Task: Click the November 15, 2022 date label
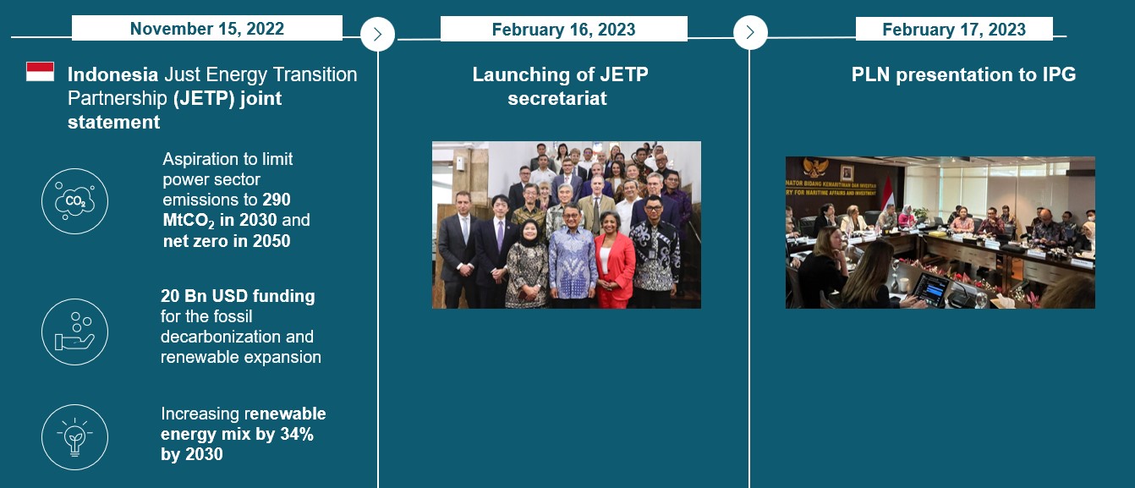(206, 29)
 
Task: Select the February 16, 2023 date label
(563, 29)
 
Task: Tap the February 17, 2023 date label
(954, 29)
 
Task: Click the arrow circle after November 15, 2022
(377, 34)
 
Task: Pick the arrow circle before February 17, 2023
(750, 32)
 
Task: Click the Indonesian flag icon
(40, 72)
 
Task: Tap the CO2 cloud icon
(74, 201)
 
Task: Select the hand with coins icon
(74, 332)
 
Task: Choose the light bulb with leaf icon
(74, 436)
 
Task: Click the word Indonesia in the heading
(113, 74)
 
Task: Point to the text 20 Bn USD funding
(238, 295)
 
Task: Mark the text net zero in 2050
(227, 241)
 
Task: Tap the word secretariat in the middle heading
(557, 98)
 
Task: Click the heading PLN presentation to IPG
(963, 74)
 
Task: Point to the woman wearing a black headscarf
(528, 265)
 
